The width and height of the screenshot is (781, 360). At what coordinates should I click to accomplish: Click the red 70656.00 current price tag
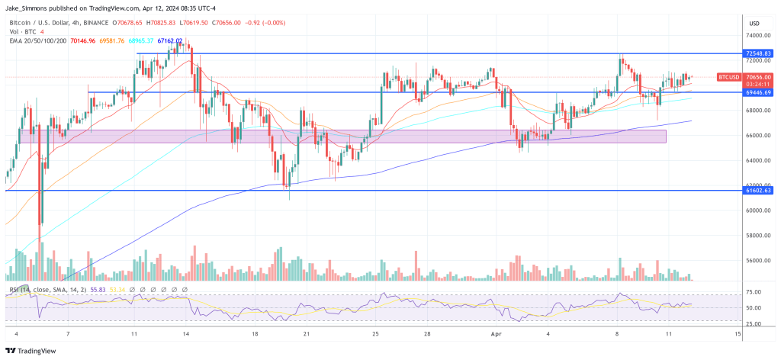click(758, 77)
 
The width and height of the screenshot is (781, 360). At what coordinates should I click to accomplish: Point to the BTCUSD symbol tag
click(729, 77)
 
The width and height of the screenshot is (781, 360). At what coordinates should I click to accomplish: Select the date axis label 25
click(375, 334)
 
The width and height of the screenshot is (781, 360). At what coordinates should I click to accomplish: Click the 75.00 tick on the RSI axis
click(754, 291)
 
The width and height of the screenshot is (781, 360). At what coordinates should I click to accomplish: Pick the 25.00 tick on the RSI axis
click(754, 323)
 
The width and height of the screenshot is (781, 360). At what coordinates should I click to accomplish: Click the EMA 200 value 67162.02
click(169, 40)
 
